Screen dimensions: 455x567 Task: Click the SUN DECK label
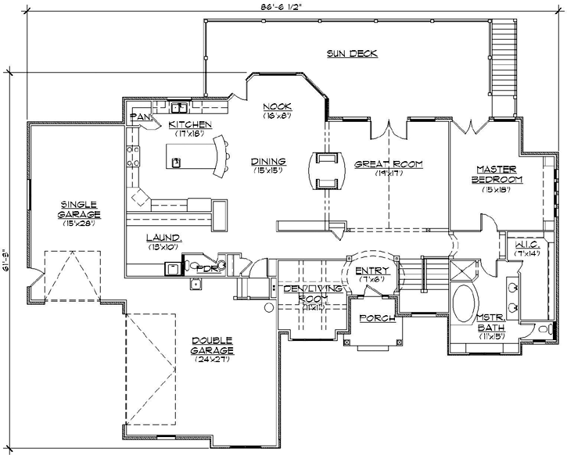coord(352,53)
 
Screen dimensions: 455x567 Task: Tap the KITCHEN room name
coord(189,124)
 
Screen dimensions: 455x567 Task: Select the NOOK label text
coord(277,106)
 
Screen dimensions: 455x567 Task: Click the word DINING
coord(267,162)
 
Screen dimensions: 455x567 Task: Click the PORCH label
coord(374,318)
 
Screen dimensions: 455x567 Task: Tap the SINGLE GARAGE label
coord(82,209)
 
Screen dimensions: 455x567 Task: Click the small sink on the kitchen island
coord(178,163)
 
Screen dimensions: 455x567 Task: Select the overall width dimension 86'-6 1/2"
coord(282,6)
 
